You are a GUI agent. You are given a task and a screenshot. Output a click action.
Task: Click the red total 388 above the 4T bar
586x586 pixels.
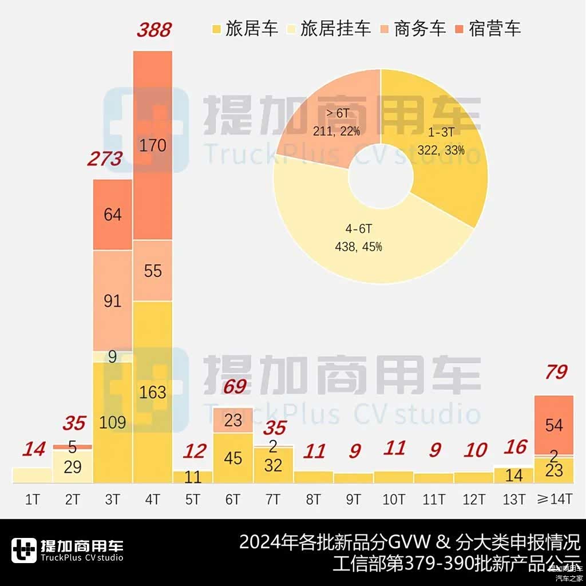[153, 30]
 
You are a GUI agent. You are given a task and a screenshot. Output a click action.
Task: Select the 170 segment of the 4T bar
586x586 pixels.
[153, 145]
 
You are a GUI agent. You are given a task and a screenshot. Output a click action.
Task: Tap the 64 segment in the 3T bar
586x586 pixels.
[113, 215]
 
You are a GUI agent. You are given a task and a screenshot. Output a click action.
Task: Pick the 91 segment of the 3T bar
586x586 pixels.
[113, 300]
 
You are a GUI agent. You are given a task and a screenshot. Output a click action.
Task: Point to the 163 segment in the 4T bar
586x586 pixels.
[153, 392]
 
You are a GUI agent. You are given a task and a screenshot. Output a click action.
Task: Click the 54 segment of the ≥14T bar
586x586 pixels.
[554, 425]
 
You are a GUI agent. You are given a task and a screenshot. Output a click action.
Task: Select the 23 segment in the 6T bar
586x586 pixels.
[233, 421]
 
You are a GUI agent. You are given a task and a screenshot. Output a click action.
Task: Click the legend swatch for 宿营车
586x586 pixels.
[460, 29]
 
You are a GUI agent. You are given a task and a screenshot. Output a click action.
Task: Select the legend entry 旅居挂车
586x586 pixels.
[335, 29]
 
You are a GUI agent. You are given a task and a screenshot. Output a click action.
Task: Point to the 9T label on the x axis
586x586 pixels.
[353, 499]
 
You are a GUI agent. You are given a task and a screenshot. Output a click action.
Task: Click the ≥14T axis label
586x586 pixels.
[554, 499]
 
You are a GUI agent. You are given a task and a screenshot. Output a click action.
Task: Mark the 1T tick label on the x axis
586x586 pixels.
[33, 499]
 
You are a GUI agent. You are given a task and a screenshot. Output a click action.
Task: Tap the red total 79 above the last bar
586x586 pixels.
[555, 372]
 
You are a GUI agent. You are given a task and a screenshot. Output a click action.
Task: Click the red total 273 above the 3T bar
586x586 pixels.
[105, 159]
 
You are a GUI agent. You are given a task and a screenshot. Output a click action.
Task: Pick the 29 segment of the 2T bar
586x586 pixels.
[73, 466]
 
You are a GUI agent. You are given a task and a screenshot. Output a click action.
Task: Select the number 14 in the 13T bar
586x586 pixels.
[514, 474]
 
